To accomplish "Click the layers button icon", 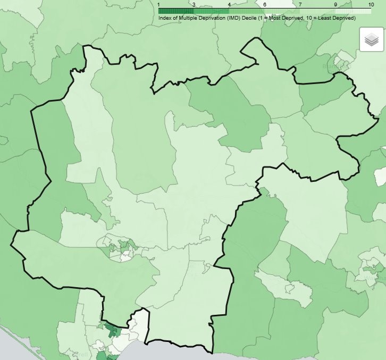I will (x=371, y=40).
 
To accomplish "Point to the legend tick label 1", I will (x=160, y=4).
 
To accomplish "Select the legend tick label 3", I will (x=194, y=4).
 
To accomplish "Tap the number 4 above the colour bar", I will (x=229, y=4).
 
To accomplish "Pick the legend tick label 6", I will (x=264, y=4).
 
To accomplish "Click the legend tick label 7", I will (x=299, y=4).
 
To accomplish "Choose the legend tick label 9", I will (x=335, y=4).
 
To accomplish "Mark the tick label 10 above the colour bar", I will (x=371, y=4).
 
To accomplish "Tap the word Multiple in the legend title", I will (x=189, y=18).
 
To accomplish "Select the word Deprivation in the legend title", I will (x=216, y=18).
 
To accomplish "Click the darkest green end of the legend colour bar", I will (x=162, y=11).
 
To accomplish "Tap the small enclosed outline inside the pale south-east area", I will (x=290, y=289).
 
